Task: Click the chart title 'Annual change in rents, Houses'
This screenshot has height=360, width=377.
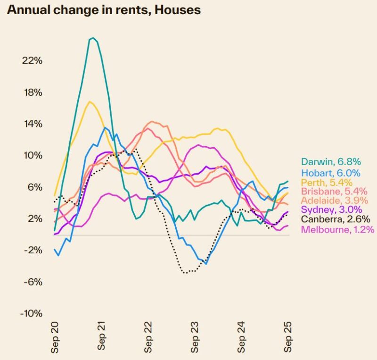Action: (104, 10)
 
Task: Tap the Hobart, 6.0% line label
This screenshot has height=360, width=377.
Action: (324, 173)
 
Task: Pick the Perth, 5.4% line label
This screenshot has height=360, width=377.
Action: (320, 183)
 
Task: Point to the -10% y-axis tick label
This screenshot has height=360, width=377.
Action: (32, 314)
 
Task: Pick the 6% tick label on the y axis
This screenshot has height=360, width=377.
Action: (36, 187)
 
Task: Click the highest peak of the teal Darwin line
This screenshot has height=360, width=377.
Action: (93, 38)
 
